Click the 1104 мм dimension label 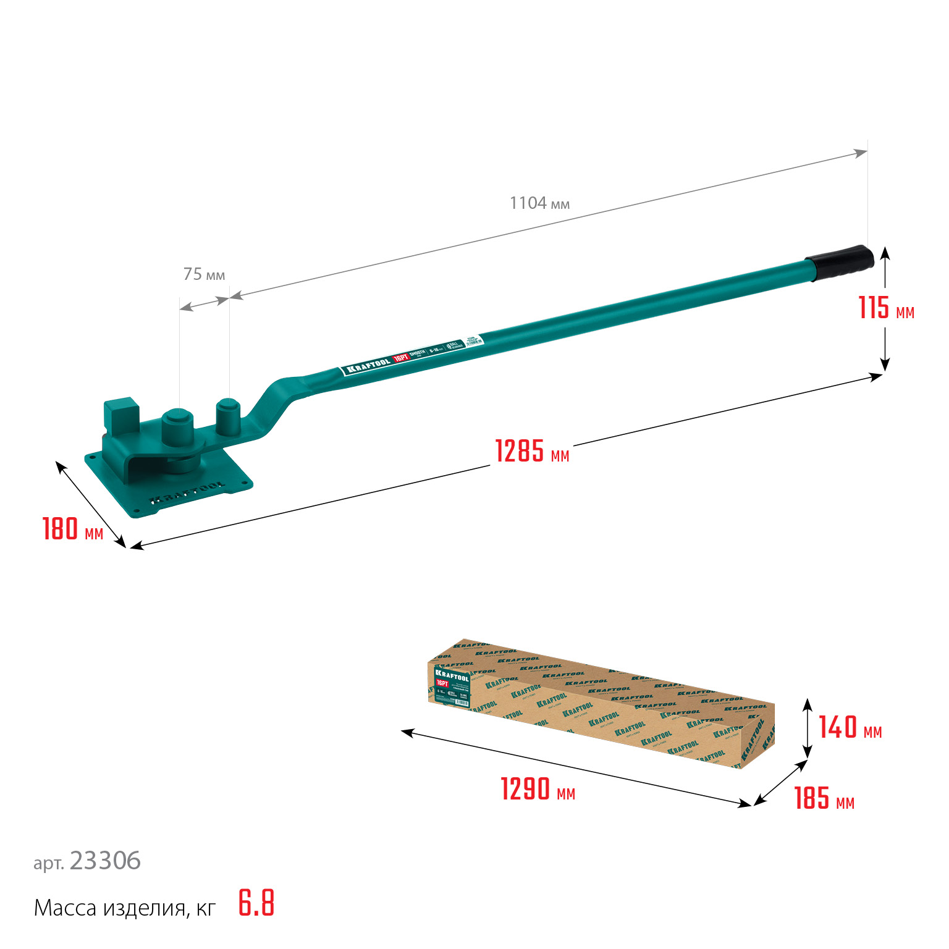coord(539,203)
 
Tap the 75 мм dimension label coord(204,274)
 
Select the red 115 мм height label coord(885,308)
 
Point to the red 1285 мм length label coord(532,452)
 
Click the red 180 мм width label coord(72,529)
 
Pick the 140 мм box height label coord(850,728)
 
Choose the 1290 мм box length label coord(538,790)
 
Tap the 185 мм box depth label coord(824,798)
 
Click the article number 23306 coord(105,861)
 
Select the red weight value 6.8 coord(256,903)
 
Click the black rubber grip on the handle coord(840,263)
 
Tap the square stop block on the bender coord(121,415)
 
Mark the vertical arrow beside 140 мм coord(807,728)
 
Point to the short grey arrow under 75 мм coord(204,303)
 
